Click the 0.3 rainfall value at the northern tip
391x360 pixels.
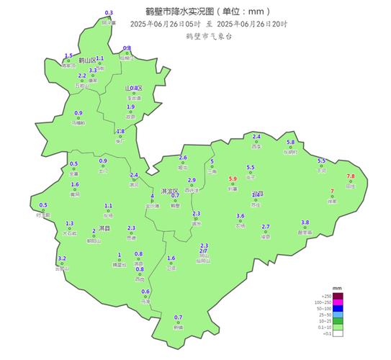pyautogui.click(x=109, y=13)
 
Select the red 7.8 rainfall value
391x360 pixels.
pyautogui.click(x=351, y=176)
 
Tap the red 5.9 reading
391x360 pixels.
pyautogui.click(x=233, y=179)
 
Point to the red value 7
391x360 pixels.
pyautogui.click(x=332, y=191)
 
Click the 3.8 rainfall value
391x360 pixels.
pyautogui.click(x=305, y=222)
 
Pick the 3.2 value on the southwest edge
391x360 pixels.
pyautogui.click(x=62, y=258)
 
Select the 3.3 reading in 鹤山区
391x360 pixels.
pyautogui.click(x=93, y=70)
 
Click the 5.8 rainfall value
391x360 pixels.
pyautogui.click(x=291, y=143)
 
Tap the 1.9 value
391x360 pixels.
pyautogui.click(x=130, y=107)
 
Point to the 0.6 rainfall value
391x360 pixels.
pyautogui.click(x=145, y=292)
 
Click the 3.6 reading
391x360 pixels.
pyautogui.click(x=241, y=216)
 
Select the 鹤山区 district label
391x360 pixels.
pyautogui.click(x=88, y=59)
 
